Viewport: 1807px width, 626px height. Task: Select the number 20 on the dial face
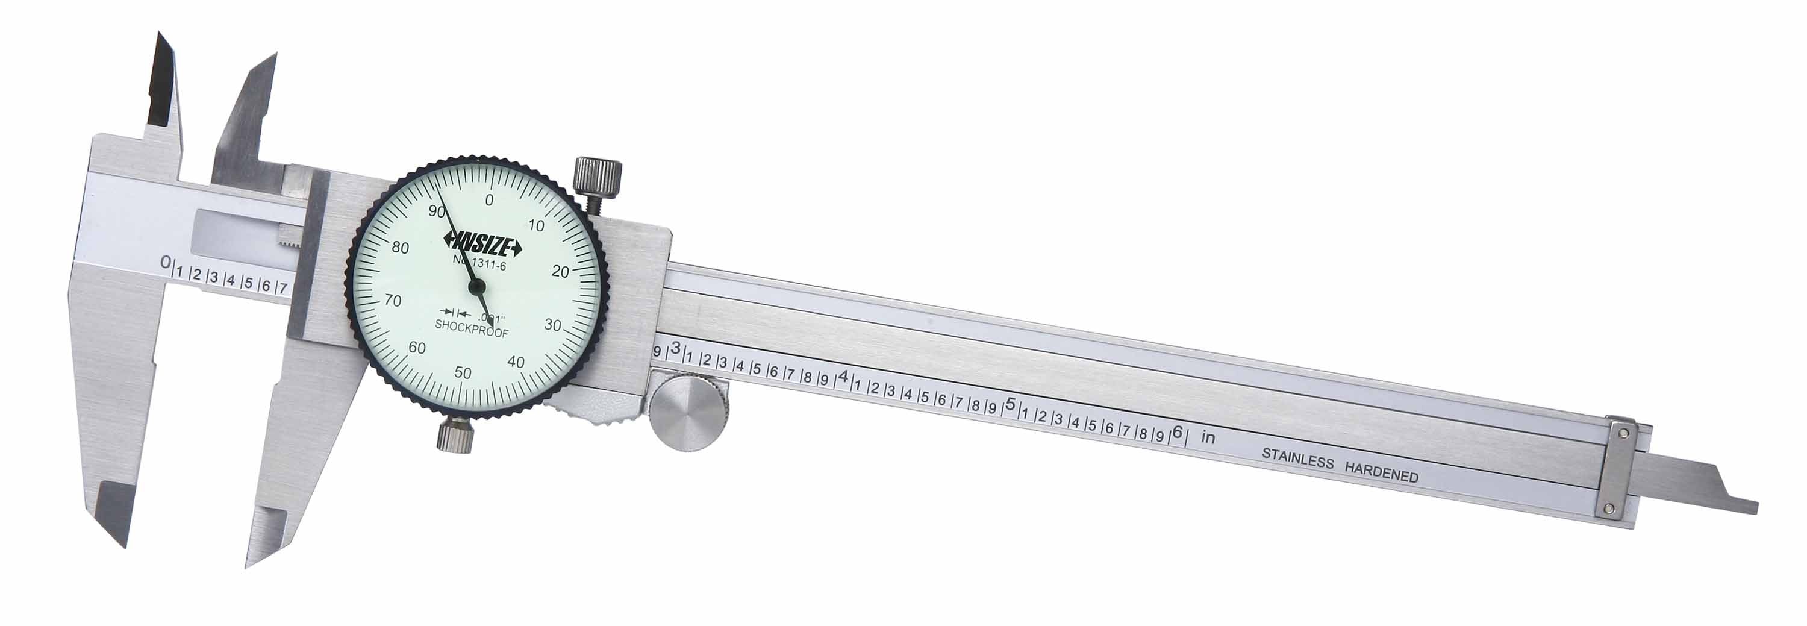[560, 272]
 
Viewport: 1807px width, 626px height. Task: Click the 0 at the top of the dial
[489, 200]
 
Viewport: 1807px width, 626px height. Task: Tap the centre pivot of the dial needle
[476, 286]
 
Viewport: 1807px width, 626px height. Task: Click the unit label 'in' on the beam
[1208, 437]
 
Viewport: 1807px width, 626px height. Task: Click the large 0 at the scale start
[166, 263]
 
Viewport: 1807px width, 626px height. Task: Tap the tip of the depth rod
[1753, 508]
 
